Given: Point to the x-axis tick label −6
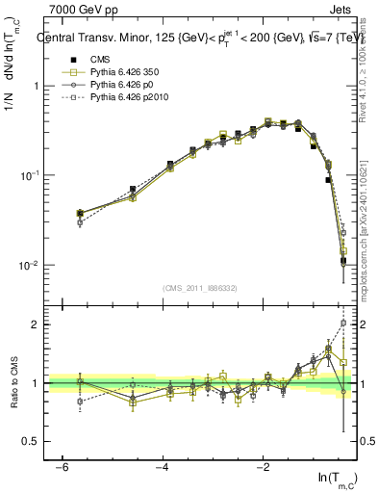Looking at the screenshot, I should pos(60,467).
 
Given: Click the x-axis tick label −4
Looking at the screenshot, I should pos(162,467).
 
